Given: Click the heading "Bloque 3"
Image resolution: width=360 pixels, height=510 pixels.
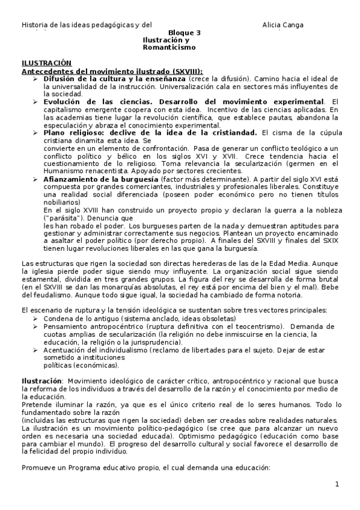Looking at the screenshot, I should (x=185, y=32).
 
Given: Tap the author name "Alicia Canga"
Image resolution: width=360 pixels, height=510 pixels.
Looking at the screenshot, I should (x=283, y=25).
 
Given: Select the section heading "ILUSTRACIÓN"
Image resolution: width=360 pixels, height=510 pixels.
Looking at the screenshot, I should (x=46, y=63).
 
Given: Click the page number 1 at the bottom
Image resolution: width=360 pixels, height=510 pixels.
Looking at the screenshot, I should (x=337, y=484).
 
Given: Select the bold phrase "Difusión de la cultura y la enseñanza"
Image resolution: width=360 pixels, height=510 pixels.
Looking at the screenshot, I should (x=114, y=79).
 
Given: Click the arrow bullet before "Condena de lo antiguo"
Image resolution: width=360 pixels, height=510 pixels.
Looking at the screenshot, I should (x=35, y=319).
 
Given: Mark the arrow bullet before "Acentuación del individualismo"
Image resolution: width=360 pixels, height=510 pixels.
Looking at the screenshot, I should (x=35, y=349).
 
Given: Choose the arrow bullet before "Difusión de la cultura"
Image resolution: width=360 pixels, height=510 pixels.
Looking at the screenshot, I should (x=35, y=79).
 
